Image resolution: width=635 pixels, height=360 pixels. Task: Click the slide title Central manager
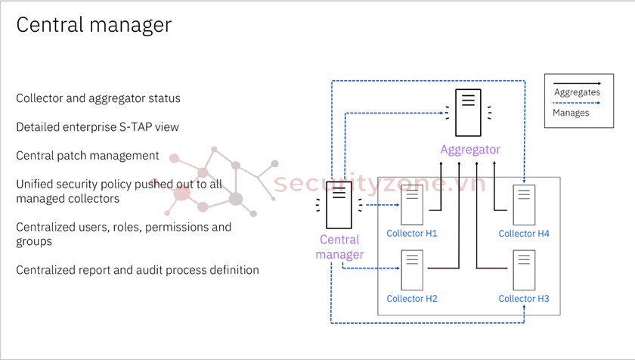pos(94,25)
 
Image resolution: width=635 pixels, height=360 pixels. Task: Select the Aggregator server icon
pos(470,108)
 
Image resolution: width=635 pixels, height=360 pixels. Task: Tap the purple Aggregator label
pos(470,149)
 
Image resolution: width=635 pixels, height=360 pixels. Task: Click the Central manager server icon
pos(339,204)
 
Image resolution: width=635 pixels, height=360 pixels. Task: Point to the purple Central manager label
pos(339,247)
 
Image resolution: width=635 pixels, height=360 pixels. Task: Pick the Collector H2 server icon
pos(412,269)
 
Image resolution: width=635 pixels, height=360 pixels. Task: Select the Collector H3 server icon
pos(524,269)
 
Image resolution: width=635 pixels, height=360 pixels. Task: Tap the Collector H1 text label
pos(412,234)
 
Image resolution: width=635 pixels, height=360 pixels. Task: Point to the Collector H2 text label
pos(412,299)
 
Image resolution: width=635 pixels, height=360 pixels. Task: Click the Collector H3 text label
pos(524,299)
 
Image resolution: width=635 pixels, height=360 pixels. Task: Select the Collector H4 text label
pos(524,234)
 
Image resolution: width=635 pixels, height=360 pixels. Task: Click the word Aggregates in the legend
pos(577,92)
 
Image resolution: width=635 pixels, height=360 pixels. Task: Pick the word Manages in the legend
pos(571,113)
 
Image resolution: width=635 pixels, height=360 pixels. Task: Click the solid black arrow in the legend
pos(577,82)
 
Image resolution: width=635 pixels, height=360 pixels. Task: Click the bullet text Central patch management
pos(88,156)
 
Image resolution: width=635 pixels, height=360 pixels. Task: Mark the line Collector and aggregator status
pos(98,98)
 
